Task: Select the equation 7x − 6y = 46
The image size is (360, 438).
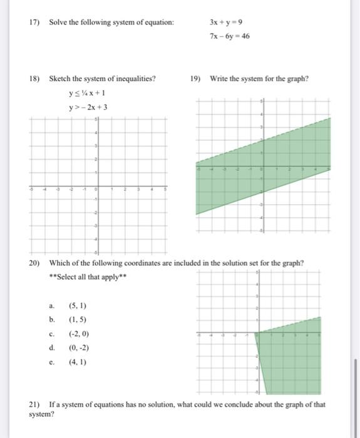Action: coord(230,36)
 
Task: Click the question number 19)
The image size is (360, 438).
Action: coord(196,79)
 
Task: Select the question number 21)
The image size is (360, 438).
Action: coord(36,404)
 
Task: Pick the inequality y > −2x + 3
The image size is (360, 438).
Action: coord(88,107)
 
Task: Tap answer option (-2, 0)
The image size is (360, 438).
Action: coord(79,334)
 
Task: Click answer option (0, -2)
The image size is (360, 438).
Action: coord(79,348)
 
